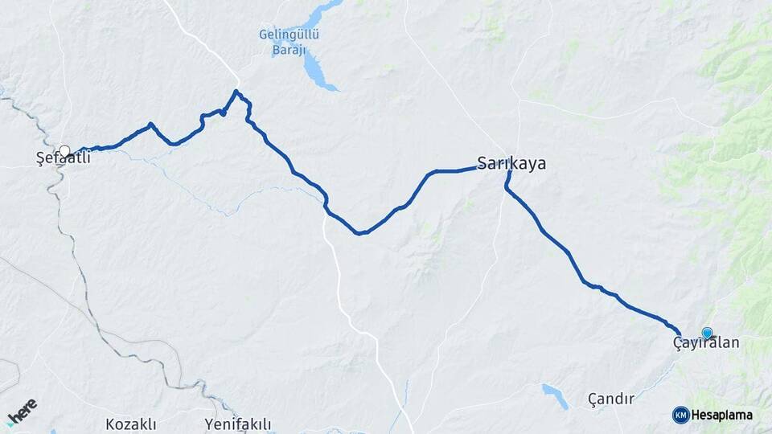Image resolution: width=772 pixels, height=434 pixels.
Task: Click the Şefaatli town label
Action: coord(64,159)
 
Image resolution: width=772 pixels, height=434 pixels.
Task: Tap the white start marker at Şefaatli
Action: coord(64,150)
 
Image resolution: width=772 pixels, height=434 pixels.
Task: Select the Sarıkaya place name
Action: coord(511,163)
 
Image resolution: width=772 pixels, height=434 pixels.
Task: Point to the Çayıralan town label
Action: coord(705,343)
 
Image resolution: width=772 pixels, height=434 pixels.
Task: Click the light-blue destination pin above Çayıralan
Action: coord(707,333)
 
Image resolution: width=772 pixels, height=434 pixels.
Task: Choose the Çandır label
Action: coord(611,399)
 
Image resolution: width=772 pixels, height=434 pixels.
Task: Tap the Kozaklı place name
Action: coord(130,424)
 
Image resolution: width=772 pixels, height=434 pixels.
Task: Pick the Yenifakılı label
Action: coord(237,424)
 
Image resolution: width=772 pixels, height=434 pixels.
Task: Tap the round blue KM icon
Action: coord(680,415)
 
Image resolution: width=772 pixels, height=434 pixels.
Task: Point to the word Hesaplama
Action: coord(722,415)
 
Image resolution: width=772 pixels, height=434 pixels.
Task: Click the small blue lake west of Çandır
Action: coord(555,395)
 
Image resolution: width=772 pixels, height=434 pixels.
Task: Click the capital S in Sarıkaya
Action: coord(482,163)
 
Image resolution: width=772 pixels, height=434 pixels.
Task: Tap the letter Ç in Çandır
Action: coord(593,399)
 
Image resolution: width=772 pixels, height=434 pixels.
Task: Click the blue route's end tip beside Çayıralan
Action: coord(680,333)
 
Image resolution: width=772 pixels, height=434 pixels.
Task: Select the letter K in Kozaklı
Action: coord(110,424)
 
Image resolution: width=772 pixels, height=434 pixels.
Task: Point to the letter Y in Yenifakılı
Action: coord(209,424)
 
